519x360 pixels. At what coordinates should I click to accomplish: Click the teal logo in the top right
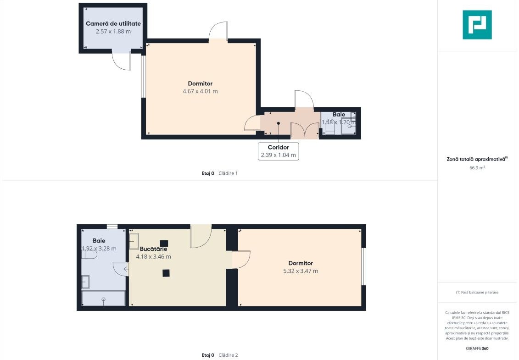click(477, 25)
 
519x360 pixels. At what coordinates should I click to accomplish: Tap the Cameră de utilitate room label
click(113, 23)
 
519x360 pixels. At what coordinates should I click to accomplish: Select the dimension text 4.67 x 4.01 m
click(200, 91)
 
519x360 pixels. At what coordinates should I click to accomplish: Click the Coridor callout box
click(279, 151)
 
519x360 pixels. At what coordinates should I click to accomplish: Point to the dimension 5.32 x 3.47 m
click(301, 271)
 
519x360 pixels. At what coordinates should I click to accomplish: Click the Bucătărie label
click(153, 249)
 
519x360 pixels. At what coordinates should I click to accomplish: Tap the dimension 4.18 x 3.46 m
click(154, 256)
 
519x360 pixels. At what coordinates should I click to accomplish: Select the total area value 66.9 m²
click(477, 168)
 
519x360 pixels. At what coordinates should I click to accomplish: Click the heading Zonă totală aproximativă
click(477, 159)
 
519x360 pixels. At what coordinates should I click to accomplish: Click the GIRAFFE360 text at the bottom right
click(477, 349)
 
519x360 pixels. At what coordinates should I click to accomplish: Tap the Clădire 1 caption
click(228, 173)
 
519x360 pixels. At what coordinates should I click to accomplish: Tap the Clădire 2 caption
click(228, 355)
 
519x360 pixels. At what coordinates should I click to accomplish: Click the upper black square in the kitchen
click(164, 244)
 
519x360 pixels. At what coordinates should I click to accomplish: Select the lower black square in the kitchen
click(166, 273)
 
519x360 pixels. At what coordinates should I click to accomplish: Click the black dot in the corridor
click(279, 123)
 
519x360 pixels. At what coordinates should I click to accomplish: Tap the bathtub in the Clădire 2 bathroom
click(104, 298)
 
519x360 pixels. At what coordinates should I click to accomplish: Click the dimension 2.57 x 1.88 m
click(113, 32)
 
